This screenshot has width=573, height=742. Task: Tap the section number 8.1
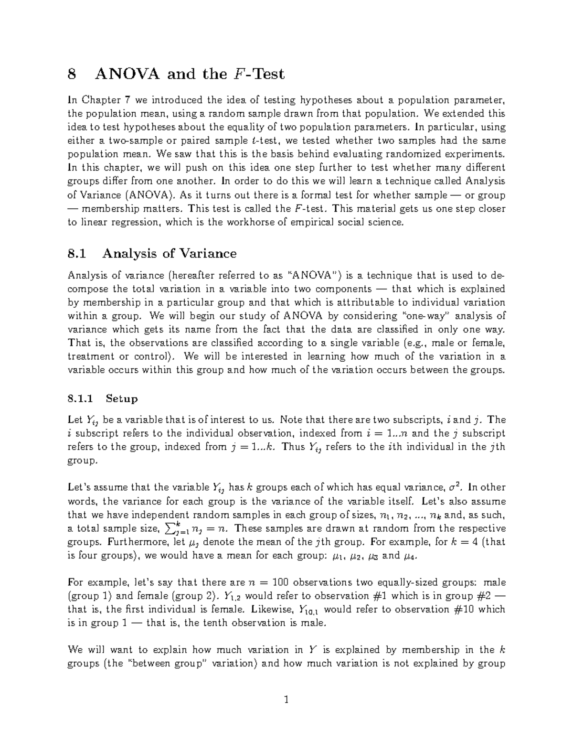tap(78, 253)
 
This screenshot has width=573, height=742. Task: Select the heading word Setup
tap(122, 398)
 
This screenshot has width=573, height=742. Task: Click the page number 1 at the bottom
tap(286, 700)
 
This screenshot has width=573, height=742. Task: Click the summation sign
tap(169, 528)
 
